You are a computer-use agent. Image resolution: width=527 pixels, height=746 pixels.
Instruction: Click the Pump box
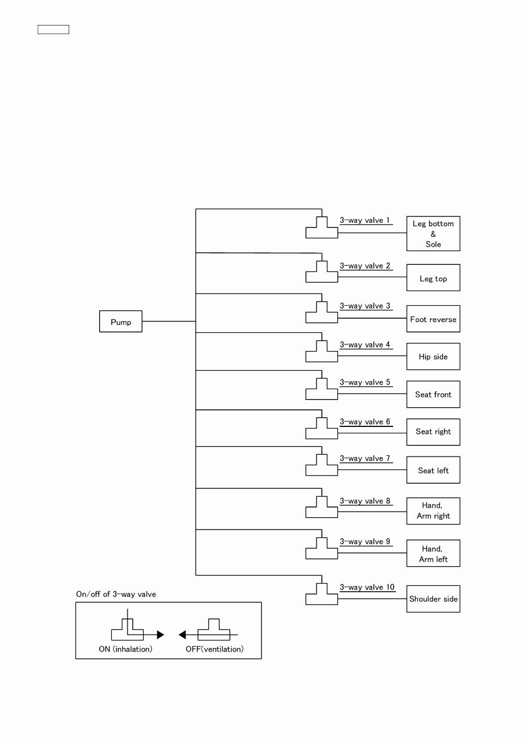121,321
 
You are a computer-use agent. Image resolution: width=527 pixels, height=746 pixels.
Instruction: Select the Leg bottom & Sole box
433,234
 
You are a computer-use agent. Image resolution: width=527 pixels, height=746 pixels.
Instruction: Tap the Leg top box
433,278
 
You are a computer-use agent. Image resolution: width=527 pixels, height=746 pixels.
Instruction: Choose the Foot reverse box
433,319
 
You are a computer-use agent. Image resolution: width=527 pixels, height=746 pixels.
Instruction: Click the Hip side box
433,356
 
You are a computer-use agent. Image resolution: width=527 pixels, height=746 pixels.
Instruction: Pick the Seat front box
433,394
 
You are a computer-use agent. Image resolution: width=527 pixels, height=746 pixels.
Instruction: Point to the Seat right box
433,432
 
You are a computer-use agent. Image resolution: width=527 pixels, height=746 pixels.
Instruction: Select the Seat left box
433,470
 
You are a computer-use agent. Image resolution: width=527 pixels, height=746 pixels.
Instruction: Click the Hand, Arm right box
433,510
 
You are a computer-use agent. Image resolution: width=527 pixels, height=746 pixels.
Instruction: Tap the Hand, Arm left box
433,553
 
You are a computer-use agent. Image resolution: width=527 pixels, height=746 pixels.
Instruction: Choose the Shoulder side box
433,599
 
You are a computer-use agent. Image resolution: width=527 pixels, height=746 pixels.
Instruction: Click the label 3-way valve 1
365,220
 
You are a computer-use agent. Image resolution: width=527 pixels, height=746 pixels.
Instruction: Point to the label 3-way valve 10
367,587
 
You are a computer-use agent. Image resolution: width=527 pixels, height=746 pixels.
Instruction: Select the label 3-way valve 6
365,422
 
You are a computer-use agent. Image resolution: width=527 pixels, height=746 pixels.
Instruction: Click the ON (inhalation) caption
125,649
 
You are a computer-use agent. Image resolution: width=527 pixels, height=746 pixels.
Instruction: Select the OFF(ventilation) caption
215,649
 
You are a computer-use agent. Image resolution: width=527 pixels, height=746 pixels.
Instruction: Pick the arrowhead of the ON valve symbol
161,635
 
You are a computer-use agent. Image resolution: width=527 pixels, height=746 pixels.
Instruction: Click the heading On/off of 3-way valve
116,594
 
